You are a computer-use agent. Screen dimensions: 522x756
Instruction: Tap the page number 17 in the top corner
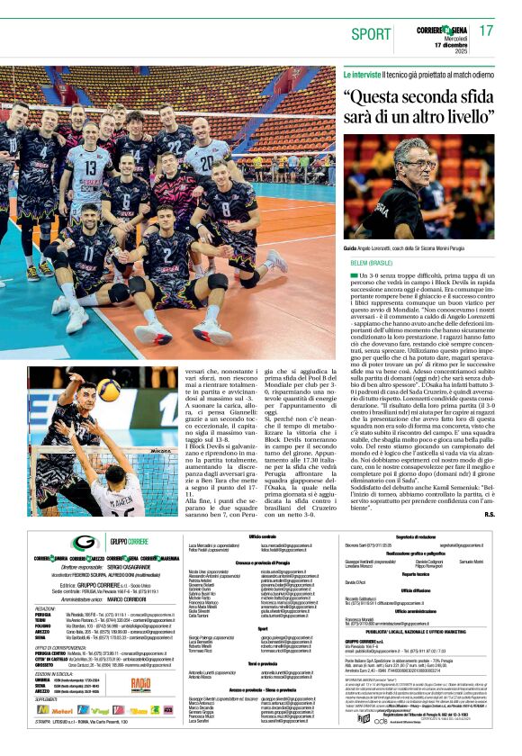click(x=487, y=31)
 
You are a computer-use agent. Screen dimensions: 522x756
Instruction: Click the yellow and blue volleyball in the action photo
click(x=108, y=389)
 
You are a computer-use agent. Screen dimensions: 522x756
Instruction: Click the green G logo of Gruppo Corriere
click(x=86, y=543)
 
